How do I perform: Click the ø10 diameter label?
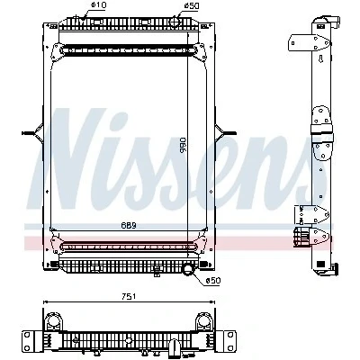(97, 4)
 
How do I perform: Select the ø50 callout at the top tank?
(192, 5)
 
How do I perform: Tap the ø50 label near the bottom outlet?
(213, 281)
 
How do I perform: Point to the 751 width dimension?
(129, 296)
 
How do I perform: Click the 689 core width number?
(129, 225)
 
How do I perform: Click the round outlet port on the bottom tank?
(188, 268)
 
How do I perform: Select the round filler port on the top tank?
(175, 22)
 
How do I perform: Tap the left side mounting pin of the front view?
(32, 133)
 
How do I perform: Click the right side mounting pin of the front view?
(226, 132)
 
